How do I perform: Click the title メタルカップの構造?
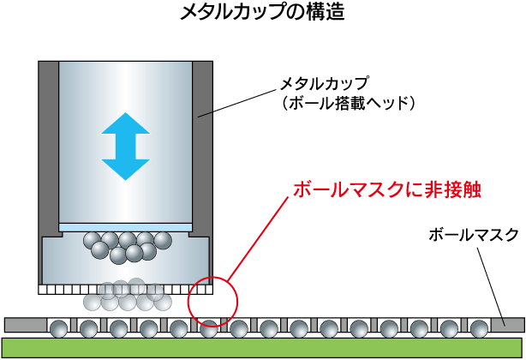coord(262,15)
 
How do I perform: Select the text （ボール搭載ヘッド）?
coord(348,103)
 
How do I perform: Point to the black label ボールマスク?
coord(473,234)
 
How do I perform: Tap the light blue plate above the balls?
coord(125,227)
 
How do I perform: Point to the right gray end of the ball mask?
coord(509,325)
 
